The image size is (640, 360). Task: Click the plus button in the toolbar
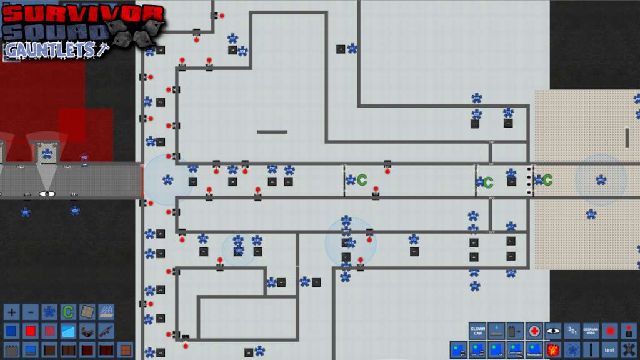click(x=12, y=311)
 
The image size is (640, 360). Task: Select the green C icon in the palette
click(x=68, y=311)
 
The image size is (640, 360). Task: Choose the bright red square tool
click(x=31, y=330)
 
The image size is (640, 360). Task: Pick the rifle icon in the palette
click(x=106, y=330)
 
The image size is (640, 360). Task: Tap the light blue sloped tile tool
click(x=68, y=330)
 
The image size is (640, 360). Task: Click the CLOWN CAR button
click(x=477, y=331)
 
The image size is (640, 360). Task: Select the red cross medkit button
click(x=534, y=331)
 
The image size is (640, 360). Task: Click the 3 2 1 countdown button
click(x=571, y=331)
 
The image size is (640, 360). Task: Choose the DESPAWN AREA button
click(x=591, y=331)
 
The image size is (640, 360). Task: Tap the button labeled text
click(x=609, y=349)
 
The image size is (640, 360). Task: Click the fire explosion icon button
click(x=552, y=349)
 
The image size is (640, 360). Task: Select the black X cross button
click(x=629, y=349)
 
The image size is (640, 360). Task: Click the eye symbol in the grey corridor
click(x=46, y=194)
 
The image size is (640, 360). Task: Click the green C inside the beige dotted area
click(x=547, y=180)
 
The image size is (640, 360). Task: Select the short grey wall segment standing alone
click(x=272, y=132)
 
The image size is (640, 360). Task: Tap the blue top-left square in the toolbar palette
click(x=12, y=330)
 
